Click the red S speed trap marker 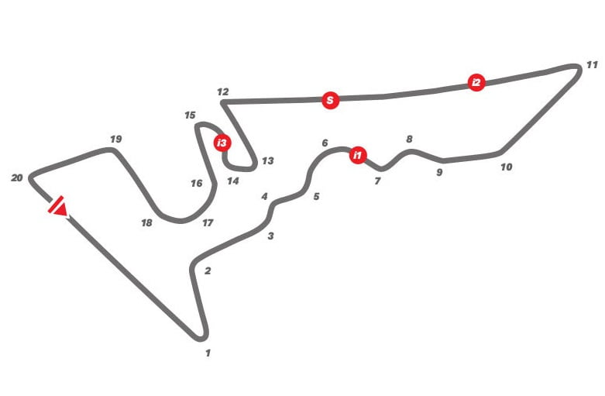tap(330, 100)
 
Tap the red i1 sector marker tap(357, 155)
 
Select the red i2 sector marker tap(476, 82)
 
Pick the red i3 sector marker tap(222, 143)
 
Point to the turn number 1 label tap(208, 353)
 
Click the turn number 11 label tap(592, 65)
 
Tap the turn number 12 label tap(223, 92)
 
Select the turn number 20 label tap(17, 178)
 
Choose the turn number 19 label tap(115, 139)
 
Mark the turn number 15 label tap(190, 115)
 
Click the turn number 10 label tap(507, 167)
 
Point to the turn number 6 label tap(325, 143)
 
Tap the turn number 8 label tap(409, 139)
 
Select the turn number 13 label tap(268, 161)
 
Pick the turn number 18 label tap(146, 223)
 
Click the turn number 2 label tap(208, 271)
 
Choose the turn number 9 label tap(439, 173)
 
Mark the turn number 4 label tap(264, 197)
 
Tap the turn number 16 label tap(197, 184)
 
